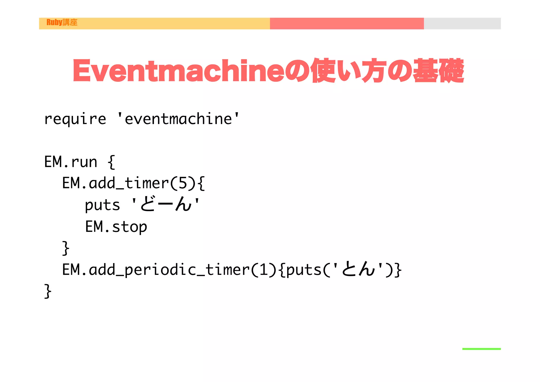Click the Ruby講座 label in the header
pyautogui.click(x=62, y=22)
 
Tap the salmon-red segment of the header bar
pyautogui.click(x=347, y=23)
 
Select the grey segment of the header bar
pyautogui.click(x=462, y=23)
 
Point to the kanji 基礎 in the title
pyautogui.click(x=438, y=70)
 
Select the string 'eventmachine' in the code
pyautogui.click(x=178, y=119)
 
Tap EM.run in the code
pyautogui.click(x=71, y=162)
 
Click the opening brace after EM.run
pyautogui.click(x=112, y=162)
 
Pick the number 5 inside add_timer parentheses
pyautogui.click(x=183, y=183)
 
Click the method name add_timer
pyautogui.click(x=129, y=183)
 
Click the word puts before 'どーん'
pyautogui.click(x=102, y=205)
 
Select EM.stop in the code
pyautogui.click(x=116, y=227)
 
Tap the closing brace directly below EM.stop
pyautogui.click(x=66, y=248)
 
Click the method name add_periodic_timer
pyautogui.click(x=169, y=270)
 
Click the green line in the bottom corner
pyautogui.click(x=481, y=349)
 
